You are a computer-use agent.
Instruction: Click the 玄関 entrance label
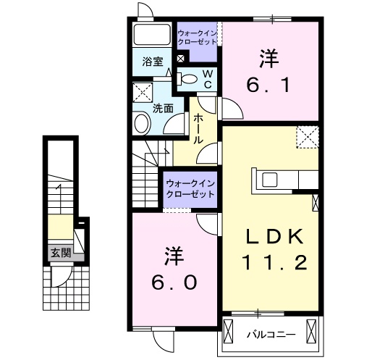(61, 253)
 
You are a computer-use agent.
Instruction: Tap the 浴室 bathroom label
(152, 62)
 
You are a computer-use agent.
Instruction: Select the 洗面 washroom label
(163, 109)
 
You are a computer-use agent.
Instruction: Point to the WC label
(206, 78)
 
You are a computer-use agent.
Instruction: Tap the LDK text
(270, 237)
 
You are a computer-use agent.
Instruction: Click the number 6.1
(271, 85)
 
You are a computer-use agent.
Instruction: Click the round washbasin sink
(140, 125)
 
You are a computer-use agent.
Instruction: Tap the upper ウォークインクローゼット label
(197, 37)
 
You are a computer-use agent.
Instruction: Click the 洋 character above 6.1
(270, 56)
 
